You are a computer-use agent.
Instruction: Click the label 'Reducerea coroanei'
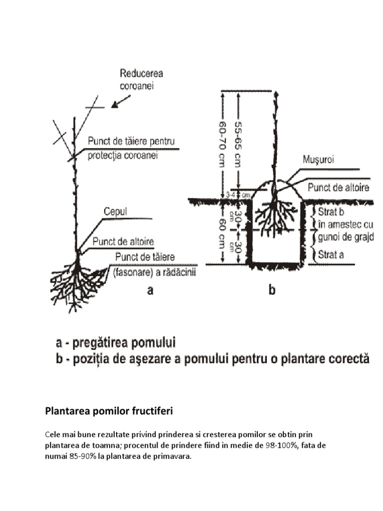tap(141, 80)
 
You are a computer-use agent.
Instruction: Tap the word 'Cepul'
tap(116, 212)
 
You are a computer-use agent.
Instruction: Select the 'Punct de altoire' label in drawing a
tap(123, 242)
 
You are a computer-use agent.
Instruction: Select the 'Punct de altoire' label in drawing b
tap(338, 187)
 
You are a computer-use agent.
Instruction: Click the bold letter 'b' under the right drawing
tap(272, 291)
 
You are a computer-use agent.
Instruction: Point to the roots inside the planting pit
tap(274, 215)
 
